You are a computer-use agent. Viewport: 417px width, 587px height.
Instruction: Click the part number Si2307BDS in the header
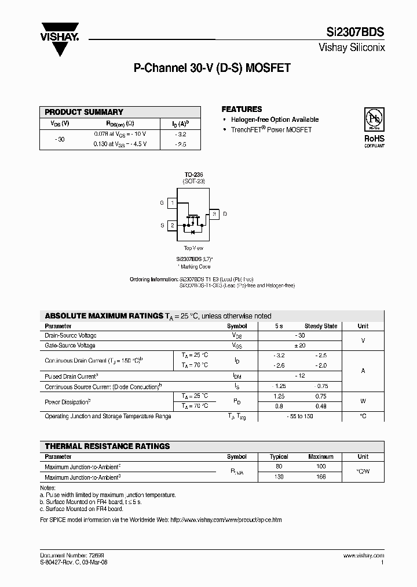[x=358, y=34]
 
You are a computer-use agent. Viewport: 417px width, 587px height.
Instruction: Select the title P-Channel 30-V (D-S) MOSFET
[x=212, y=68]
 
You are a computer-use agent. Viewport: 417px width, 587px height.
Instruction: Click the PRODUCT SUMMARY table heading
[x=84, y=112]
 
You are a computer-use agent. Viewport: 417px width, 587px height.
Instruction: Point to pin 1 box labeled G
[x=172, y=203]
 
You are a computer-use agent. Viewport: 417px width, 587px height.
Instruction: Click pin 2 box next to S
[x=172, y=225]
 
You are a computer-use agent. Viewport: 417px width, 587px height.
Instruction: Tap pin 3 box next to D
[x=214, y=214]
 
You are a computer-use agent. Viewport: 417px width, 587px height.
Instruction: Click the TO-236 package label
[x=193, y=174]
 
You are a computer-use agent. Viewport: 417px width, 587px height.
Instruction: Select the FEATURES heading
[x=242, y=109]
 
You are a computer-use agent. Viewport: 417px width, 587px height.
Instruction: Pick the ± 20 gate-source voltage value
[x=299, y=345]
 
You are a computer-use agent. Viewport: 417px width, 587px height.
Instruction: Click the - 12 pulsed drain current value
[x=299, y=376]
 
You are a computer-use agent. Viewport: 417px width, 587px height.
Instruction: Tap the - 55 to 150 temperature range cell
[x=299, y=416]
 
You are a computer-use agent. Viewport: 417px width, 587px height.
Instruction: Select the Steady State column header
[x=321, y=326]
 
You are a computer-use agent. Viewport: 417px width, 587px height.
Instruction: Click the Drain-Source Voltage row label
[x=71, y=335]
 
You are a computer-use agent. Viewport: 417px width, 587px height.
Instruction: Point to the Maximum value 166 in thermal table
[x=321, y=476]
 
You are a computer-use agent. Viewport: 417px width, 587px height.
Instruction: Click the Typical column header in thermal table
[x=279, y=456]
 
